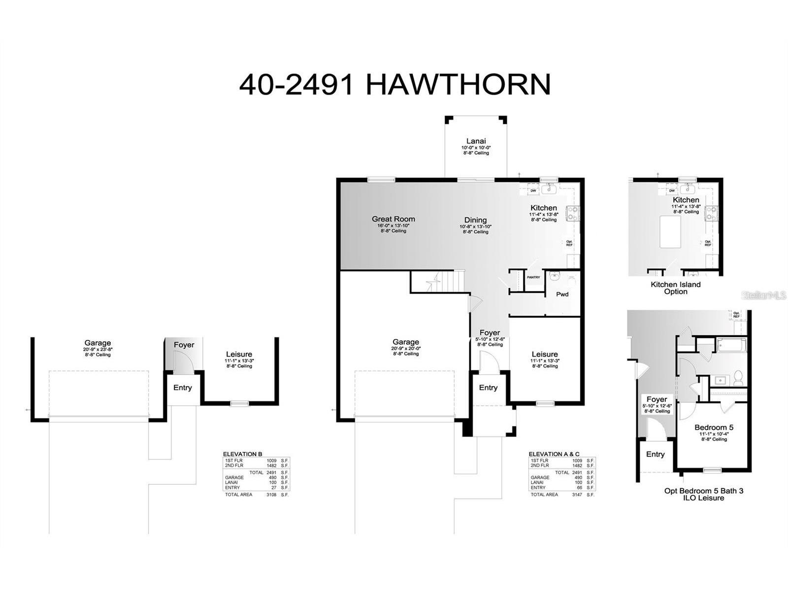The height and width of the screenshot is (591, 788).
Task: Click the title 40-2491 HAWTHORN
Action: click(394, 84)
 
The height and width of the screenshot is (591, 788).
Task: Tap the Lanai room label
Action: click(476, 141)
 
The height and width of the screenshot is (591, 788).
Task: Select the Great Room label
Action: click(393, 219)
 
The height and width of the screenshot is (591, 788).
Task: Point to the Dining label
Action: click(475, 220)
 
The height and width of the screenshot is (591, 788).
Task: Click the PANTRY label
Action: click(533, 277)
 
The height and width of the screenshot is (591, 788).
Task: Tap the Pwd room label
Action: click(562, 294)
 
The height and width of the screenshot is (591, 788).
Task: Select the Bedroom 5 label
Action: click(714, 427)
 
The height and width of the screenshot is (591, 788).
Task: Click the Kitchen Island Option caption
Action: click(676, 288)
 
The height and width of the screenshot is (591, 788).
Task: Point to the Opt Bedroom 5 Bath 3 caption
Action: click(704, 494)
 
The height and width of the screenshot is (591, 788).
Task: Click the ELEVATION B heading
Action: click(243, 454)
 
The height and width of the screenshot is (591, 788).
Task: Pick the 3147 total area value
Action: click(577, 494)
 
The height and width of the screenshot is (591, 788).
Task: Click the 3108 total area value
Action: click(271, 494)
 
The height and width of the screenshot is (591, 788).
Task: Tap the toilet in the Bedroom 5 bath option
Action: click(738, 379)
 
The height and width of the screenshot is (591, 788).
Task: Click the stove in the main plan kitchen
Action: click(573, 213)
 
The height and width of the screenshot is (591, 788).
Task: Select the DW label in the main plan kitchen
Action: click(533, 191)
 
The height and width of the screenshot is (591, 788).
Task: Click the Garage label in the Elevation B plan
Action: click(98, 343)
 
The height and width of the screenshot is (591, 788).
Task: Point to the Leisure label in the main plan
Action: click(545, 354)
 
